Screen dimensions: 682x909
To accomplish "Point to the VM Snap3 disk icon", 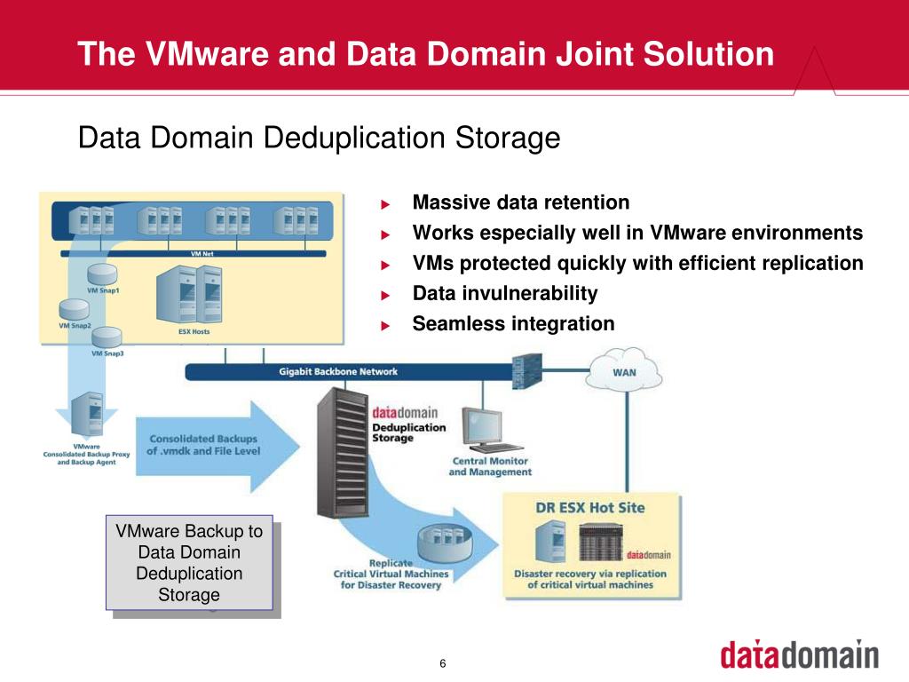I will click(x=106, y=337).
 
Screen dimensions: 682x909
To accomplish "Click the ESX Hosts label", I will click(x=188, y=332).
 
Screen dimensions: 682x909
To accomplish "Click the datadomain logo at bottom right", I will click(x=799, y=654).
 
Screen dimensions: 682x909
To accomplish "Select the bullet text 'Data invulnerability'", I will click(x=505, y=293).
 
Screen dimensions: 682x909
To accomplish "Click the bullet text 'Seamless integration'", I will click(x=513, y=323).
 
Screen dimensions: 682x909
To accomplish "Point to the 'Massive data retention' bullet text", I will click(x=521, y=202).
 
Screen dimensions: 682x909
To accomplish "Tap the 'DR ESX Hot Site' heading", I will click(x=589, y=508).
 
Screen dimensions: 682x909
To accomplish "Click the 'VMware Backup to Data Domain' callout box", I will click(x=189, y=563).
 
